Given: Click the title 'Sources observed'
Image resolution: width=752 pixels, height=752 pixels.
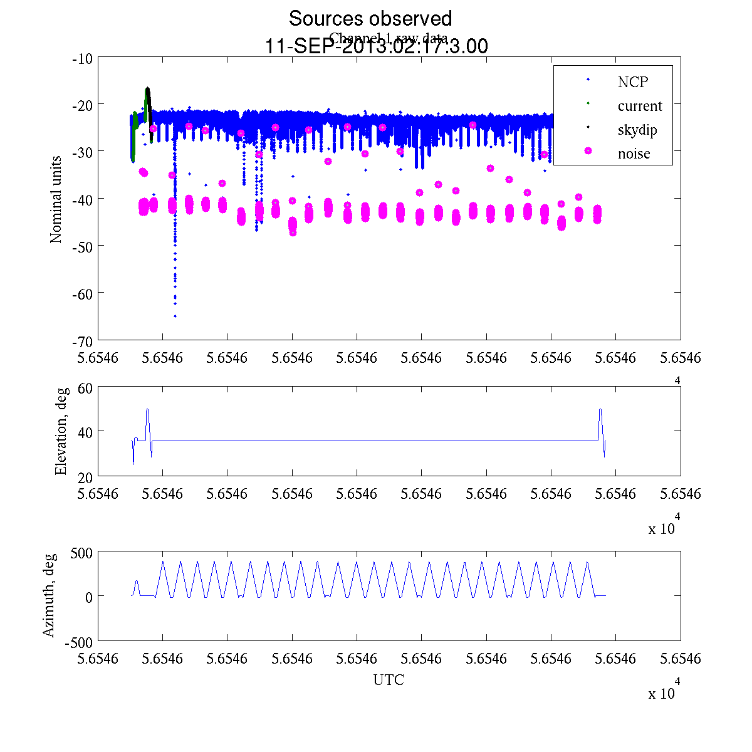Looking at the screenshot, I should pos(370,19).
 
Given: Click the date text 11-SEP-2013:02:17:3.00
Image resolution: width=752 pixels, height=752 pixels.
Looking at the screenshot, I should pos(377,47).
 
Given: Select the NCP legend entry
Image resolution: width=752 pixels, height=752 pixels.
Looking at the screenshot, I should pos(632,81).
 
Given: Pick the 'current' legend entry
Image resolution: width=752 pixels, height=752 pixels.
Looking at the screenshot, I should pos(639,106).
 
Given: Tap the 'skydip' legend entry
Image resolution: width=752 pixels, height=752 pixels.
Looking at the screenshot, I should pos(637,130).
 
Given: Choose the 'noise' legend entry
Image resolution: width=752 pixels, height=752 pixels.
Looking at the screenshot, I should pos(634,154).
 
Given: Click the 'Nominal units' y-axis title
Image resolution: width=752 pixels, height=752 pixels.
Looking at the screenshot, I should pos(56,199).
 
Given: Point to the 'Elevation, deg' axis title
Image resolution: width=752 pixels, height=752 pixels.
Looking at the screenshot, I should pos(61,432).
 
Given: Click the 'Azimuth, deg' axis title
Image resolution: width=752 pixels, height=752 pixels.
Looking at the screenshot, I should pos(49,595).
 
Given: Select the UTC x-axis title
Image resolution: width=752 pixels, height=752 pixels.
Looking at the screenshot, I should pos(389,680).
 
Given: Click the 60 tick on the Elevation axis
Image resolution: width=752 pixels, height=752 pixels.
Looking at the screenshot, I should pos(86,388).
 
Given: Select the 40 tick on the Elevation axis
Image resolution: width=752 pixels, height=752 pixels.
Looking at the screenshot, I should pos(86,432).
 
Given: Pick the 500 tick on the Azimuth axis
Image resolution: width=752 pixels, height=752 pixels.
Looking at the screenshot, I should pos(81,553).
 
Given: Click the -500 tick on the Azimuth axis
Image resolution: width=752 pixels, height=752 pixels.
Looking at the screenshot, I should pos(79,642).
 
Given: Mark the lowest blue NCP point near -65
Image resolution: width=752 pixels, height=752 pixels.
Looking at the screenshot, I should pos(175,316).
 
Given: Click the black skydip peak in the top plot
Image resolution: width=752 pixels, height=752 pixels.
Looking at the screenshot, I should pos(147,89).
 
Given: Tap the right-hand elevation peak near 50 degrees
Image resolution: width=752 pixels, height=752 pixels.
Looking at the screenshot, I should pos(600,410).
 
